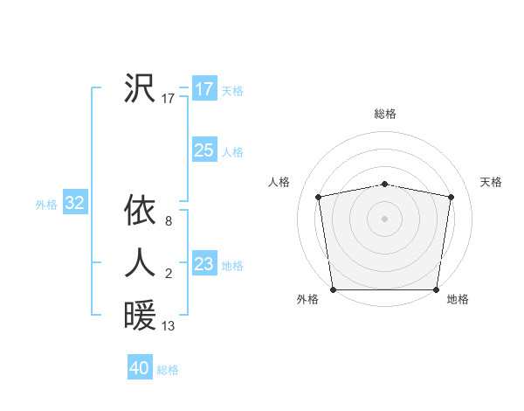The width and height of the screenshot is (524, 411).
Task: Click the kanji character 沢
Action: [140, 88]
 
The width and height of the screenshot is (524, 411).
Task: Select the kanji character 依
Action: [140, 210]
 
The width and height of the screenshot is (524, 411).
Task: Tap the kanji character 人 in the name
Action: [140, 262]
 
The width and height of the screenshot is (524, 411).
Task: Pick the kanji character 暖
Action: [140, 315]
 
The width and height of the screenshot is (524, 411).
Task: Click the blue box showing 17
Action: [203, 89]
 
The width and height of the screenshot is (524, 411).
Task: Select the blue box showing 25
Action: [203, 150]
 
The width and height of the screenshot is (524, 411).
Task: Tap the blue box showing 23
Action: [203, 263]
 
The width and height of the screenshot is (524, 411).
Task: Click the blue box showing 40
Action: [140, 368]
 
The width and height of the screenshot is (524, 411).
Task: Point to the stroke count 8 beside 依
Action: [168, 222]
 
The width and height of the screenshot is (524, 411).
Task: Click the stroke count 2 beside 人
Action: [168, 275]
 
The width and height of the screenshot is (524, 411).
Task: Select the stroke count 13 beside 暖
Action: [169, 327]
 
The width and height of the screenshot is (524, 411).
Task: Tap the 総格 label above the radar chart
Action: [384, 114]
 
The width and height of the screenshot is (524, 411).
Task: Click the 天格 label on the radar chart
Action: [491, 182]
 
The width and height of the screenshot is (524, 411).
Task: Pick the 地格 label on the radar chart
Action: [458, 299]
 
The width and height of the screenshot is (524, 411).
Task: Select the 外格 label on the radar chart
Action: [307, 299]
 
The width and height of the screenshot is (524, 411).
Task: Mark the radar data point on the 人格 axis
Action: [319, 197]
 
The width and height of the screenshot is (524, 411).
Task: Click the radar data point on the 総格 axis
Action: [384, 184]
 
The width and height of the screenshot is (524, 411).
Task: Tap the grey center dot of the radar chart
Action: [384, 218]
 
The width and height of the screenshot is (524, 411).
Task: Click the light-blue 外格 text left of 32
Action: [46, 205]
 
